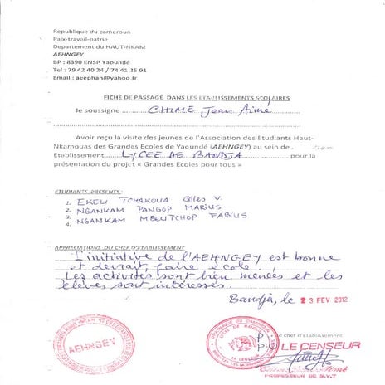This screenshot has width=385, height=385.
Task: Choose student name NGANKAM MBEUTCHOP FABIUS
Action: click(149, 221)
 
